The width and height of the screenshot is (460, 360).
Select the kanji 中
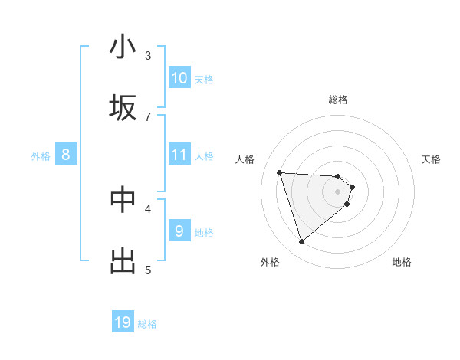[x=123, y=200]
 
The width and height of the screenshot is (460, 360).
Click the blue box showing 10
[x=179, y=78]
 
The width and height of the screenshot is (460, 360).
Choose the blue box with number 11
[x=179, y=155]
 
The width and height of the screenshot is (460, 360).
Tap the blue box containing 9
[x=179, y=231]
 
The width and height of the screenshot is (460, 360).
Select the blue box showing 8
[x=66, y=155]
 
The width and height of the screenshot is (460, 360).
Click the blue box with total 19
[x=123, y=322]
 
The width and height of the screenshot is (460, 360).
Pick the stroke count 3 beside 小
[x=148, y=55]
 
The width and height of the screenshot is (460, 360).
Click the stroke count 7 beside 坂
[x=148, y=116]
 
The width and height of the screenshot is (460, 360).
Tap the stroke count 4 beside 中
[x=148, y=208]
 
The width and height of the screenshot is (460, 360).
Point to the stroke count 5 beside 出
[x=148, y=270]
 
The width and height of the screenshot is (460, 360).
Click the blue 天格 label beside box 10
[x=204, y=79]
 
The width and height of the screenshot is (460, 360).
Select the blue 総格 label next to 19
[x=147, y=324]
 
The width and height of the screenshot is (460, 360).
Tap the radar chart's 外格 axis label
[x=270, y=262]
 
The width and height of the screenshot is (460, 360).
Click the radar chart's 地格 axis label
[x=402, y=262]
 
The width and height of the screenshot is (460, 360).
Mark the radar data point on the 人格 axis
[x=280, y=172]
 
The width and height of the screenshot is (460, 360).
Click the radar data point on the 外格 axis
[x=301, y=242]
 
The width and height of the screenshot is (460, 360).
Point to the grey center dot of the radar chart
[x=338, y=191]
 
